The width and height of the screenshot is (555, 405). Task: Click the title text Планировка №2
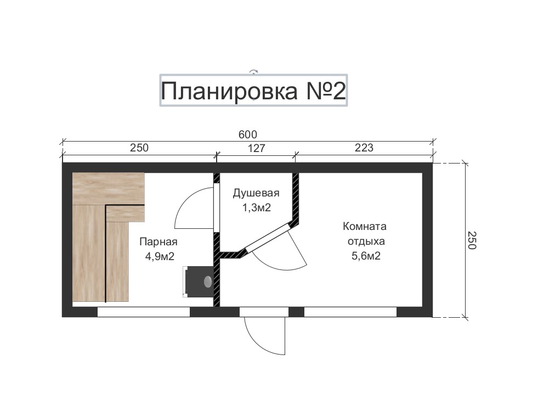pyautogui.click(x=253, y=91)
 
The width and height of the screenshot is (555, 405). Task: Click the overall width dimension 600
pyautogui.click(x=248, y=134)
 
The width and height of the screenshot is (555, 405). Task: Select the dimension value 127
pyautogui.click(x=256, y=148)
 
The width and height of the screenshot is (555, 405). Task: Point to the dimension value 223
pyautogui.click(x=364, y=148)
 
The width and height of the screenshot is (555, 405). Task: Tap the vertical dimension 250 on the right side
pyautogui.click(x=472, y=240)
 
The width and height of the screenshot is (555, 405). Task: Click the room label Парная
pyautogui.click(x=158, y=241)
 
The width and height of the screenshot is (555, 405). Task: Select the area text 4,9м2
pyautogui.click(x=160, y=256)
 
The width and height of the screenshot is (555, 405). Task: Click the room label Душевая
pyautogui.click(x=256, y=193)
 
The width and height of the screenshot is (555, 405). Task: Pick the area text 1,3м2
pyautogui.click(x=256, y=207)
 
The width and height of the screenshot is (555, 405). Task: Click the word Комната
pyautogui.click(x=365, y=226)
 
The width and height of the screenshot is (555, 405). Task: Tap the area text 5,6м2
pyautogui.click(x=366, y=256)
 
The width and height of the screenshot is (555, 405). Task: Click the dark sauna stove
pyautogui.click(x=199, y=282)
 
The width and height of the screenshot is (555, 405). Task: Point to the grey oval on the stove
pyautogui.click(x=208, y=282)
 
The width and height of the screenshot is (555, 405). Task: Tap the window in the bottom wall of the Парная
pyautogui.click(x=144, y=312)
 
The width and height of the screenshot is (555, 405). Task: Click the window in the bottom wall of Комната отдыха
pyautogui.click(x=350, y=312)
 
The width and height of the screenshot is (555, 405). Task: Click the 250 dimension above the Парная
pyautogui.click(x=139, y=148)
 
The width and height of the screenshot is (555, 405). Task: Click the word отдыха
pyautogui.click(x=366, y=241)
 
